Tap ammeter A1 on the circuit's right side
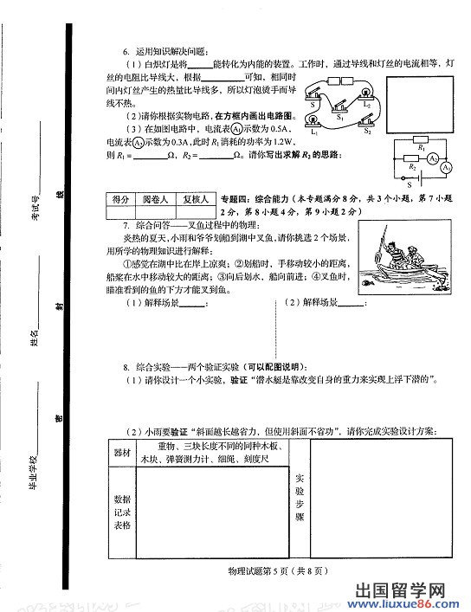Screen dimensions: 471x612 [446, 164]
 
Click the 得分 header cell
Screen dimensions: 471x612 [121, 198]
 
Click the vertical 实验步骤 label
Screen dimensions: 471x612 [300, 497]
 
